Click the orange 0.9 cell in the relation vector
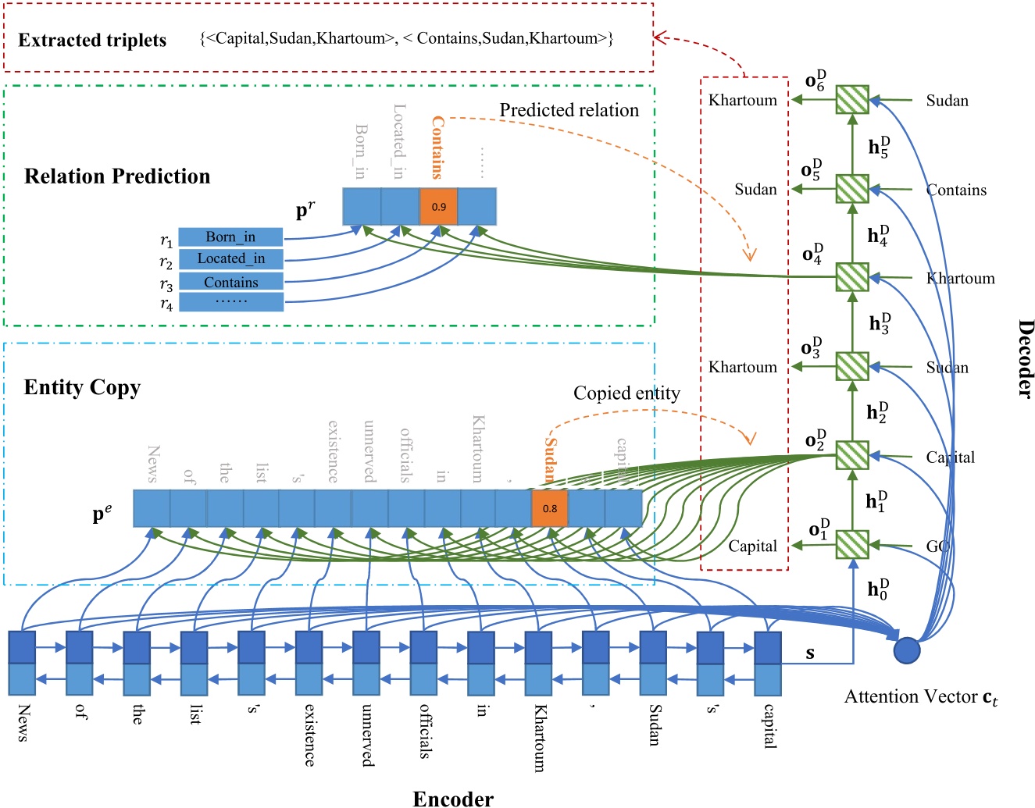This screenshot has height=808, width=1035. [x=438, y=207]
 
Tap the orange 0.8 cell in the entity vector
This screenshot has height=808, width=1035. [x=550, y=508]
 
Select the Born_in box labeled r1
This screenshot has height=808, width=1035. [x=230, y=237]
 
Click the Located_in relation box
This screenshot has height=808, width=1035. [x=230, y=258]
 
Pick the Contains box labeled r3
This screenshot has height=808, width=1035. [x=230, y=282]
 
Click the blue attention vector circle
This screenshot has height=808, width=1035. [x=906, y=650]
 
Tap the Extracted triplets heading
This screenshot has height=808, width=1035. [x=92, y=41]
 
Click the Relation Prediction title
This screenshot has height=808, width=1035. [x=117, y=176]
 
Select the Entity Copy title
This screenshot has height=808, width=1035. [x=82, y=387]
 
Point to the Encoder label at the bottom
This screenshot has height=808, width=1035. [x=453, y=798]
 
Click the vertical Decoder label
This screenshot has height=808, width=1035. [x=1025, y=358]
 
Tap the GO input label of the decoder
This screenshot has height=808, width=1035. [x=937, y=546]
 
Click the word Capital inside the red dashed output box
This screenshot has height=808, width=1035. [x=752, y=546]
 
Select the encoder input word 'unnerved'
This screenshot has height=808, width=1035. [x=367, y=735]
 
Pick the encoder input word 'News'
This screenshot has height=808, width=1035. [x=23, y=722]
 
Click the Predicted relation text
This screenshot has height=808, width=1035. [x=569, y=110]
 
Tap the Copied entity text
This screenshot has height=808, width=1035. [x=626, y=393]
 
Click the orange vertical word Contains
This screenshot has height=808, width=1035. [x=437, y=148]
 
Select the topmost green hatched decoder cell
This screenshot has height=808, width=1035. [x=852, y=100]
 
